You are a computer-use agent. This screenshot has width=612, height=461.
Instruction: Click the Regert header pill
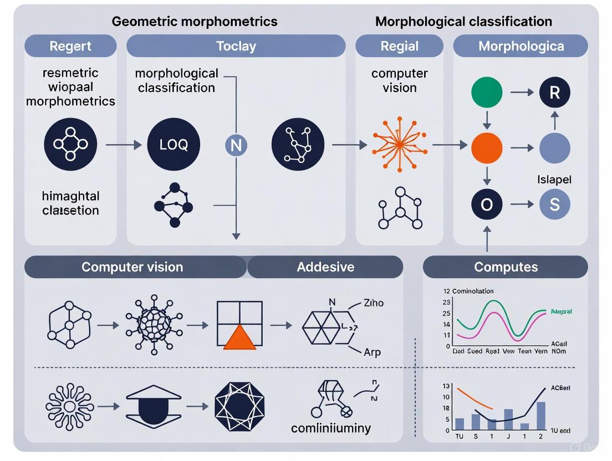point(70,46)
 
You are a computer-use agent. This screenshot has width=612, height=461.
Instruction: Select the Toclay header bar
point(236,46)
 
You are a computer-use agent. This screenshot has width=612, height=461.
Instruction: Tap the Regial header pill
point(399,46)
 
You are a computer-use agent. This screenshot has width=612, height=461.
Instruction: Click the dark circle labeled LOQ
point(174,145)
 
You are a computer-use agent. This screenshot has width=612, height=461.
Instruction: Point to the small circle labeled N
point(236,146)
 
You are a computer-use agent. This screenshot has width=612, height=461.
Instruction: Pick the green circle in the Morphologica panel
point(487,93)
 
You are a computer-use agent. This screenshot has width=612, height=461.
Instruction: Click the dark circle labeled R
point(555,93)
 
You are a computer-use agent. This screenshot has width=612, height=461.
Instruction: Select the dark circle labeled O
point(487,204)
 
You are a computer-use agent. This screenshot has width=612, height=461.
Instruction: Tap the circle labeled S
point(555,204)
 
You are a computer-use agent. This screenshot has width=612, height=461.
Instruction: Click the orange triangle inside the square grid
point(239,339)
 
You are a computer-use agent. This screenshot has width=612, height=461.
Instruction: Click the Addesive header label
point(325,267)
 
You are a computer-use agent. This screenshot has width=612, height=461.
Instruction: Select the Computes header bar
point(506,267)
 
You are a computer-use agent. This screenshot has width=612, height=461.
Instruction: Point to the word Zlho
point(374,303)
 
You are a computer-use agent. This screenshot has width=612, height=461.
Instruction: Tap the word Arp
point(372,352)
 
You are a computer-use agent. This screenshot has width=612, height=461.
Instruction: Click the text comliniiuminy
point(331,428)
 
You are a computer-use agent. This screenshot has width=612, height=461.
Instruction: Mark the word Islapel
point(554,180)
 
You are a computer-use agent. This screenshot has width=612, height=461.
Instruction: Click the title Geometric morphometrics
point(195,22)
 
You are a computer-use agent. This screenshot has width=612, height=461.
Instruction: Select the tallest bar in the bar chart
point(540,416)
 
